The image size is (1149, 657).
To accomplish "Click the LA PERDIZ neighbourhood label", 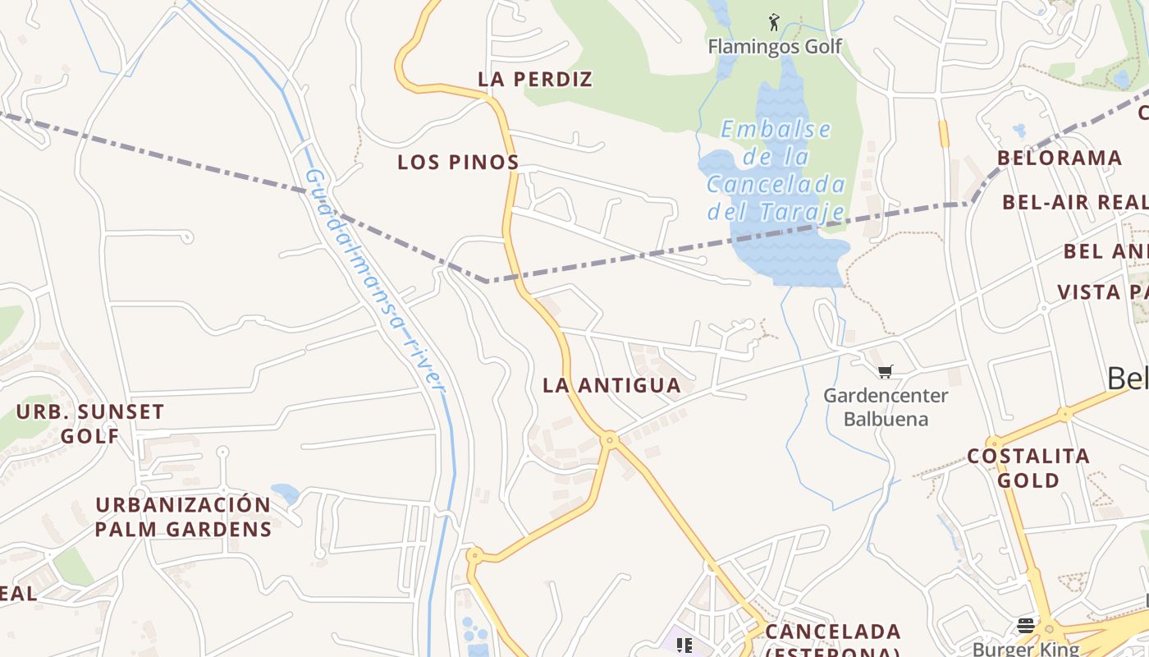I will coord(535,80).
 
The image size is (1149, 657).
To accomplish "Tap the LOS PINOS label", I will coord(458,163).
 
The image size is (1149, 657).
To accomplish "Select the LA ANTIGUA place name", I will coord(611,385).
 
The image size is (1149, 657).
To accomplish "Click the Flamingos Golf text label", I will coord(775,46).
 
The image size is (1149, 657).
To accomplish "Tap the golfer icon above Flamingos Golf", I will coord(773,22).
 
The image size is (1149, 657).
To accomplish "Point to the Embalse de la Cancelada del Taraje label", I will coord(776,171).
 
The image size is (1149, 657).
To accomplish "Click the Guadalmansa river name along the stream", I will coord(374,279).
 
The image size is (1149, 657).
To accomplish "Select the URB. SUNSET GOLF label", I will coord(90,423).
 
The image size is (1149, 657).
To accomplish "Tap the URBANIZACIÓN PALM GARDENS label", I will coord(183,517).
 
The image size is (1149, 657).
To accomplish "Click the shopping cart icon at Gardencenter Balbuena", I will coord(885,372).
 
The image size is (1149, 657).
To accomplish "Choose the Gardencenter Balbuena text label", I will coord(886,407).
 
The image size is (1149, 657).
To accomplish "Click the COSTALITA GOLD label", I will coord(1028,468).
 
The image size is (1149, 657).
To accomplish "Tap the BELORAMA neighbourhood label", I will coord(1059,158).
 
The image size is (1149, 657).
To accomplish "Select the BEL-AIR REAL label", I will coord(1073,202).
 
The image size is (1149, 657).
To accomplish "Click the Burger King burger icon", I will coord(1025,626).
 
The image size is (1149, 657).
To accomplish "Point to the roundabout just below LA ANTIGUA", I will coord(609,440).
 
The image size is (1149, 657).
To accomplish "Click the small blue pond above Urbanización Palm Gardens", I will coord(285,493).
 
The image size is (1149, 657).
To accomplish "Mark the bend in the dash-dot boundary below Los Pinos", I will coord(488,282).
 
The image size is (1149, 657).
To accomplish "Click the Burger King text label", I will coord(1026,649).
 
